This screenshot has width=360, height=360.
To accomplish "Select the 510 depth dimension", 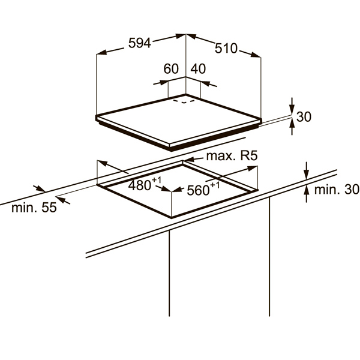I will click(226, 48).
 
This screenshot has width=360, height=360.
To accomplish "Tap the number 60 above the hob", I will click(171, 69).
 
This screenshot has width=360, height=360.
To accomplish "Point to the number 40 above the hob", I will click(198, 69).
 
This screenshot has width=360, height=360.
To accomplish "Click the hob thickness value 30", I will click(304, 117).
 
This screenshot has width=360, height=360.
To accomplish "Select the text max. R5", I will click(232, 156).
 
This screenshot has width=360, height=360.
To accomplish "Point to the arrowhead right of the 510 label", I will click(256, 56).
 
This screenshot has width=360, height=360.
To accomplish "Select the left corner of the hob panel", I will click(97, 116).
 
